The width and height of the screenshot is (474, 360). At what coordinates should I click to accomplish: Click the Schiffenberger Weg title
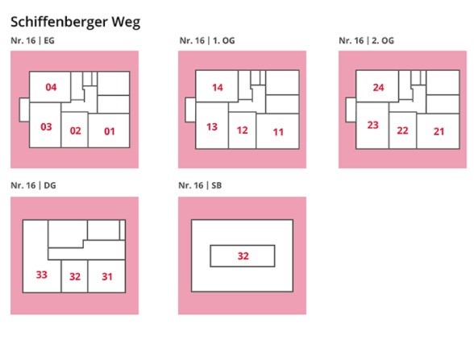pyautogui.click(x=75, y=23)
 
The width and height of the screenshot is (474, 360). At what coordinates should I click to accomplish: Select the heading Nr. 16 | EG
pyautogui.click(x=32, y=40)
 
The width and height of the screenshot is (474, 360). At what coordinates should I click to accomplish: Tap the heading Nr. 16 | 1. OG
pyautogui.click(x=207, y=40)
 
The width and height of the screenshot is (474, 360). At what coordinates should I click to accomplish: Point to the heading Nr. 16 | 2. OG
pyautogui.click(x=366, y=40)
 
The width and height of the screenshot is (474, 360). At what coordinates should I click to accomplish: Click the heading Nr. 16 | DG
pyautogui.click(x=33, y=185)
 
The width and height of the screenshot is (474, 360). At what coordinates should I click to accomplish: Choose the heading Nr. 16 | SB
pyautogui.click(x=200, y=185)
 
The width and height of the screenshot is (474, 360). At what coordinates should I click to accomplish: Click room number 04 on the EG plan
pyautogui.click(x=51, y=87)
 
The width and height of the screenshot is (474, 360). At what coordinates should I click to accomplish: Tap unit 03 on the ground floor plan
pyautogui.click(x=46, y=127)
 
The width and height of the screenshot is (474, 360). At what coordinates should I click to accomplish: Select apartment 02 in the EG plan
pyautogui.click(x=75, y=130)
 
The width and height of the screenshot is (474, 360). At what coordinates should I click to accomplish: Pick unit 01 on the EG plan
pyautogui.click(x=110, y=131)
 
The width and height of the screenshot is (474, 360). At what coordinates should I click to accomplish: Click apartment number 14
pyautogui.click(x=218, y=88)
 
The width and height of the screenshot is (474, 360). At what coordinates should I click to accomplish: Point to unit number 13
pyautogui.click(x=212, y=127)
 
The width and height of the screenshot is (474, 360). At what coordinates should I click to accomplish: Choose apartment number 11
pyautogui.click(x=278, y=132)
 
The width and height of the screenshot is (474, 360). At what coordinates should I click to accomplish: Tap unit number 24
pyautogui.click(x=378, y=88)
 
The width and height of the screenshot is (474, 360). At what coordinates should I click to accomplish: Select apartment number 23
pyautogui.click(x=372, y=125)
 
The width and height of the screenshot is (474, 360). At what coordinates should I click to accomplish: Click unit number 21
pyautogui.click(x=439, y=131)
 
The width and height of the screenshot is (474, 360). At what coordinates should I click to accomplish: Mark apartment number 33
pyautogui.click(x=41, y=275)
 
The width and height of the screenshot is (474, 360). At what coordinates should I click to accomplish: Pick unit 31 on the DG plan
pyautogui.click(x=106, y=277)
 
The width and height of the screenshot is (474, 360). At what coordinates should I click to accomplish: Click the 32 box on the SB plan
pyautogui.click(x=243, y=256)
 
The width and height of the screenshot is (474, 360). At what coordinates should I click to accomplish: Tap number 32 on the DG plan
pyautogui.click(x=75, y=277)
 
